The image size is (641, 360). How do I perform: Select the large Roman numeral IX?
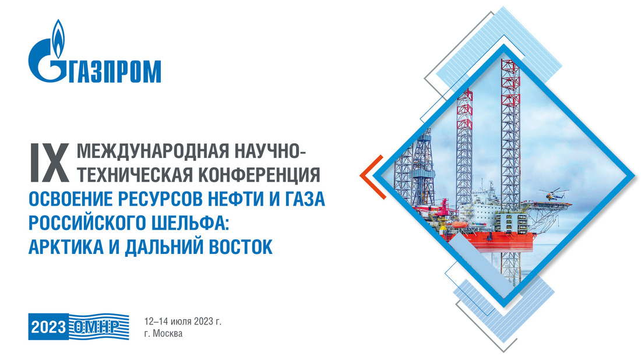tap(49, 163)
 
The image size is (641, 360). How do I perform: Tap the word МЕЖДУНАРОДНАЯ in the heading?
tap(153, 151)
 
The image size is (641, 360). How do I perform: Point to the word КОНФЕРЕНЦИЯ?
tap(259, 175)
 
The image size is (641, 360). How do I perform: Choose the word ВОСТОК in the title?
tap(241, 246)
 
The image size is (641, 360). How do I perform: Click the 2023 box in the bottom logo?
tap(48, 327)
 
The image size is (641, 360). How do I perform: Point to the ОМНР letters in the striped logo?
tap(97, 326)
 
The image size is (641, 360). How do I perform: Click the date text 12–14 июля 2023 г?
tap(183, 321)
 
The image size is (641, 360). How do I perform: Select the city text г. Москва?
tap(163, 333)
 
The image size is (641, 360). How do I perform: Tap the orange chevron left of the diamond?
tap(372, 177)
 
